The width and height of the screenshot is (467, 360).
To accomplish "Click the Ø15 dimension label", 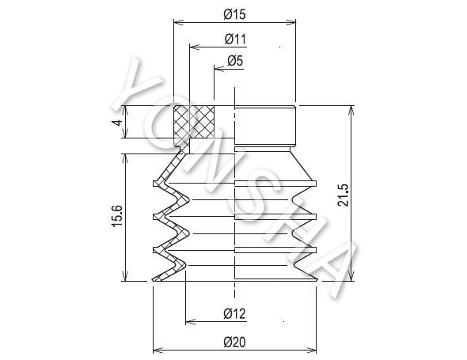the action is point(235,14).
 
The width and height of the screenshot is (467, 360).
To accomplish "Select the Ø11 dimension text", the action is point(235,39).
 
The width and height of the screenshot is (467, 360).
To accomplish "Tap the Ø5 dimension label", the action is point(235,61).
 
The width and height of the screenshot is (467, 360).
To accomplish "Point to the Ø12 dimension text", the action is point(235,313).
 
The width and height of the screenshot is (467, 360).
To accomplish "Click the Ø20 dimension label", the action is point(235,342).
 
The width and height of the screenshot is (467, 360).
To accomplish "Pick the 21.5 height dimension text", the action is point(343,195).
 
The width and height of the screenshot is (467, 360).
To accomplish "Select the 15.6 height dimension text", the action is point(117,216).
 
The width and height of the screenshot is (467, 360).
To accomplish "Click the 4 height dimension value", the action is point(118,123).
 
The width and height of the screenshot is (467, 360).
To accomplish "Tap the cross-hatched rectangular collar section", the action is point(194,122).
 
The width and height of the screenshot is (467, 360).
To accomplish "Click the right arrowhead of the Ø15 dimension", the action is point(291,22).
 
